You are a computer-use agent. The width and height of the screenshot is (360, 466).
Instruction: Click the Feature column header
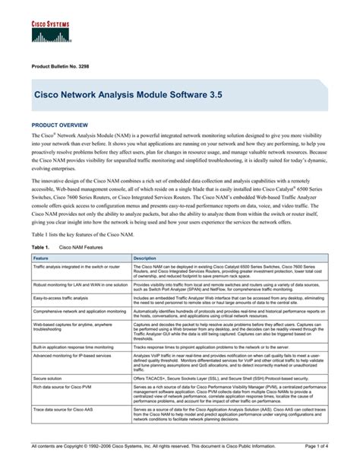pyautogui.click(x=39, y=258)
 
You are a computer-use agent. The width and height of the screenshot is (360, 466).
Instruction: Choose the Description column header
pyautogui.click(x=144, y=258)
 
